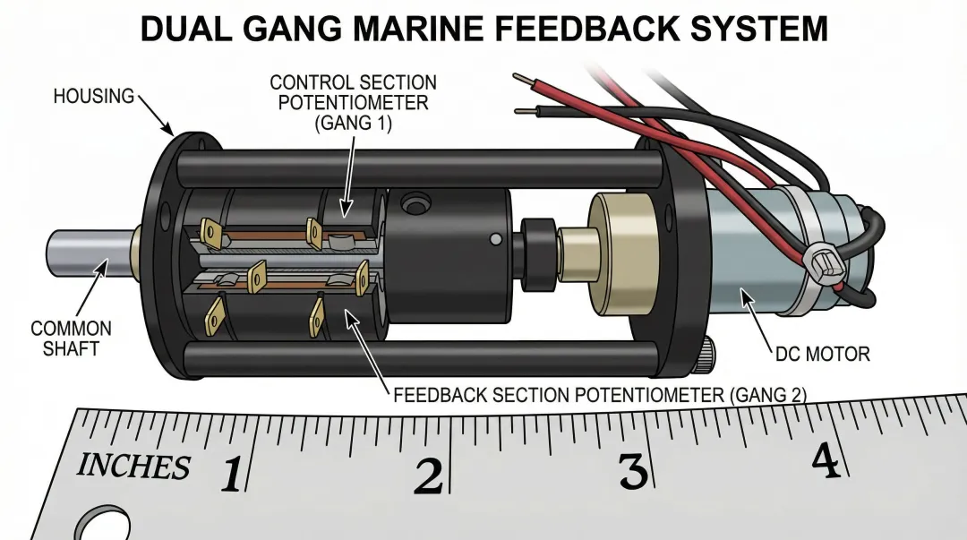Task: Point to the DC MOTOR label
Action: (822, 354)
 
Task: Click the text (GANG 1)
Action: (354, 123)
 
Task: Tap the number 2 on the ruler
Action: (428, 476)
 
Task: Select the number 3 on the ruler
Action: (632, 470)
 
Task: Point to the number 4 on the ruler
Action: (826, 461)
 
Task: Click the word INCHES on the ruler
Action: (133, 467)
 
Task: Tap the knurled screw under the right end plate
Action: (706, 354)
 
